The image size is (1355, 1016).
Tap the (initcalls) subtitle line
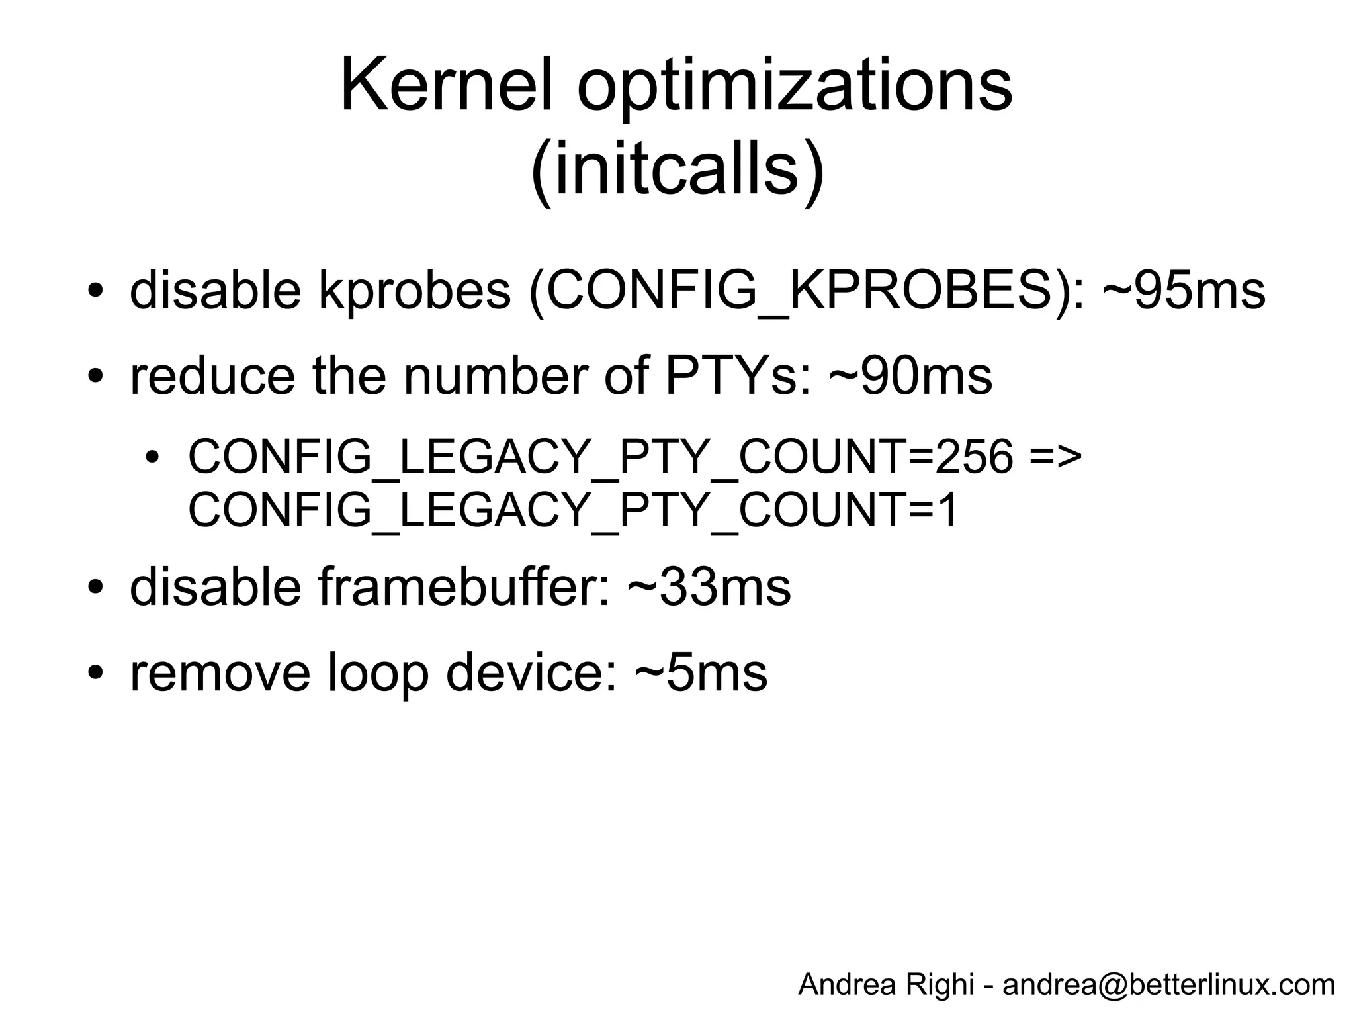coord(677,170)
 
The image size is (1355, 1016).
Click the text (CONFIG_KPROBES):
coord(807,291)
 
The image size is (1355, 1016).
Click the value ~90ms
coord(910,376)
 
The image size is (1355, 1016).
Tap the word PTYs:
coord(738,376)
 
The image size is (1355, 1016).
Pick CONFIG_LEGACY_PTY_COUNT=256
coord(601,457)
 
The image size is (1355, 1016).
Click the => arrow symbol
coord(1056,457)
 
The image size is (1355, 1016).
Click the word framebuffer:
coord(464,587)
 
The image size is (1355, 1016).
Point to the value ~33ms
coord(709,587)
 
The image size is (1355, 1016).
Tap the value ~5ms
coord(701,673)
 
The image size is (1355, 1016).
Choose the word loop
coord(378,673)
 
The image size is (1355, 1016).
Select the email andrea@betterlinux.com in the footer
coord(1168,984)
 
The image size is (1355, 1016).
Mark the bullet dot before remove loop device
coord(96,673)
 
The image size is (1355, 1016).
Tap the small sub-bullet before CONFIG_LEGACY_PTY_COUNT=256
coord(153,457)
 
